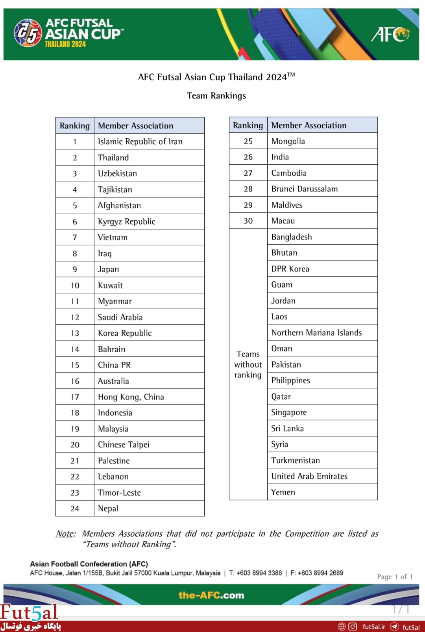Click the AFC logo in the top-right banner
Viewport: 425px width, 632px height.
pyautogui.click(x=390, y=34)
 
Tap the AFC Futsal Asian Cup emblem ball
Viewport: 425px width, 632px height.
pyautogui.click(x=28, y=33)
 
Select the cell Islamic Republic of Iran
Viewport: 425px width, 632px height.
pyautogui.click(x=140, y=141)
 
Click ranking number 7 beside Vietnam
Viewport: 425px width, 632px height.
pyautogui.click(x=75, y=237)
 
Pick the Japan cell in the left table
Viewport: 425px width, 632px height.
pyautogui.click(x=109, y=270)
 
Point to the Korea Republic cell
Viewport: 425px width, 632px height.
pyautogui.click(x=125, y=333)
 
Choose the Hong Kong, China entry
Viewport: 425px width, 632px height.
pyautogui.click(x=131, y=397)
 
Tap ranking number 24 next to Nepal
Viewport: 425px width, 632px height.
pyautogui.click(x=75, y=509)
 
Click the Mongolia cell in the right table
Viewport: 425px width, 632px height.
pyautogui.click(x=288, y=141)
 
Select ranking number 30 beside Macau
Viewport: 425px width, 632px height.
pyautogui.click(x=248, y=221)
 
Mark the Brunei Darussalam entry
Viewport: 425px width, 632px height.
pyautogui.click(x=305, y=189)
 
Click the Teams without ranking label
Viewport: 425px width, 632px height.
pyautogui.click(x=248, y=364)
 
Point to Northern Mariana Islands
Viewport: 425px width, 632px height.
pyautogui.click(x=316, y=333)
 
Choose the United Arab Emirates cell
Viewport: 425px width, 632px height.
pyautogui.click(x=309, y=476)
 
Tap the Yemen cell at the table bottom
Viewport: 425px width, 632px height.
pyautogui.click(x=283, y=493)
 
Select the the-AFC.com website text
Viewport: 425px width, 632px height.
pyautogui.click(x=211, y=595)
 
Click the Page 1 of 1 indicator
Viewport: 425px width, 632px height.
pyautogui.click(x=395, y=577)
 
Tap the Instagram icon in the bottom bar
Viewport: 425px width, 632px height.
pyautogui.click(x=353, y=626)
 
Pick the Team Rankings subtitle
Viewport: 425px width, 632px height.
pyautogui.click(x=216, y=96)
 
